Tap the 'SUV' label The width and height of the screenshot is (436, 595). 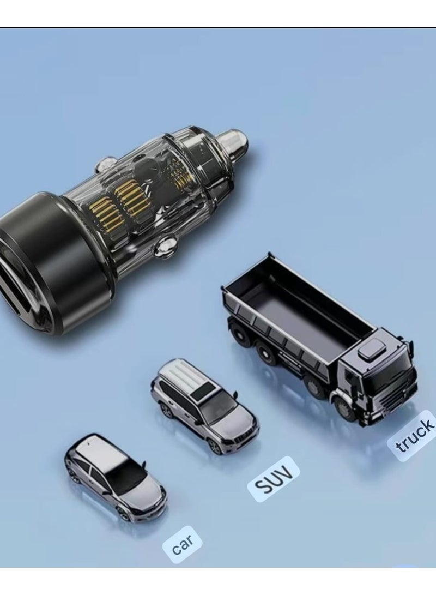click(274, 479)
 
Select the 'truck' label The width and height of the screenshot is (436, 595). click(414, 436)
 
